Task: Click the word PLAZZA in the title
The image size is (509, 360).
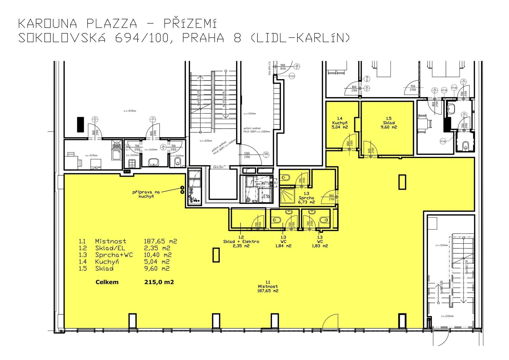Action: [x=112, y=24]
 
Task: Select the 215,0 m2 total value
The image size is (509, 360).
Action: [x=159, y=282]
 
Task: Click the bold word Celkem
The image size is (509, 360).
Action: [x=107, y=282]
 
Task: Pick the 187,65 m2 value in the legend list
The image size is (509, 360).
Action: [x=160, y=241]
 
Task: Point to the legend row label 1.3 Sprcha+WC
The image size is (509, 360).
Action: [x=106, y=255]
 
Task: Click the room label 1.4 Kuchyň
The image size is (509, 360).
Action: [x=340, y=123]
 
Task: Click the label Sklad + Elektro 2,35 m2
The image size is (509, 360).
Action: [x=241, y=241]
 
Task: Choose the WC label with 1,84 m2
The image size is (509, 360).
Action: [x=283, y=241]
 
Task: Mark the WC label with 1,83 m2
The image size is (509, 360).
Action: [x=320, y=241]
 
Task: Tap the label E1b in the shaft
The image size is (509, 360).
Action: [x=266, y=196]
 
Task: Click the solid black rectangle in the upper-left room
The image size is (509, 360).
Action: [x=80, y=124]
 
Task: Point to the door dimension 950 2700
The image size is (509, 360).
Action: [x=413, y=88]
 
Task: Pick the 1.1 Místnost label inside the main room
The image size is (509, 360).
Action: [x=268, y=288]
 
